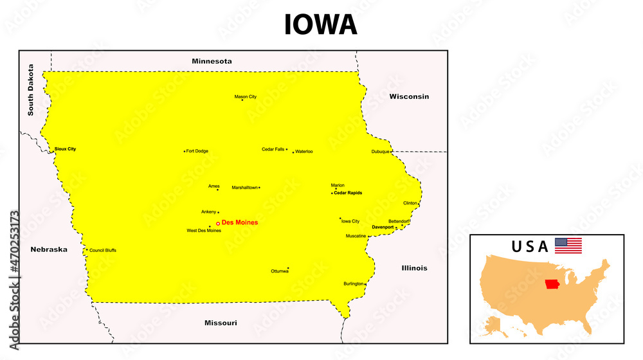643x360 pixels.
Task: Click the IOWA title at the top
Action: tap(321, 24)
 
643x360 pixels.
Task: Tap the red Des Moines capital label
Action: tap(240, 222)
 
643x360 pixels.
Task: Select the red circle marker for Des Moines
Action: tap(218, 223)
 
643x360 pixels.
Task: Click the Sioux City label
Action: tap(65, 149)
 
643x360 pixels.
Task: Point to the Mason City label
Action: tap(245, 97)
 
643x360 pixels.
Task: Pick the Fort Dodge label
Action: tap(197, 151)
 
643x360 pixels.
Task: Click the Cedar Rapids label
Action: tap(348, 193)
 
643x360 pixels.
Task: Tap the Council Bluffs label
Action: tap(103, 250)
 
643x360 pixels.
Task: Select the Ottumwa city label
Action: tap(280, 271)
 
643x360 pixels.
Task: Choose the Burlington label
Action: tap(353, 283)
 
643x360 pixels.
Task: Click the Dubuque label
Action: tap(380, 152)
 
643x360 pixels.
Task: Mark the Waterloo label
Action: tap(304, 152)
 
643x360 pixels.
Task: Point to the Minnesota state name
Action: tap(212, 61)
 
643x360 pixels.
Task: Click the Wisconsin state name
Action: tap(408, 96)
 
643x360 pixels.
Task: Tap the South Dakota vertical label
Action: tap(30, 89)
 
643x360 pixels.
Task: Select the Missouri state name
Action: tap(221, 323)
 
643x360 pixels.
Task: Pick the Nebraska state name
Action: tap(49, 249)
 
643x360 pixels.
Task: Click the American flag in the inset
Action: tap(568, 246)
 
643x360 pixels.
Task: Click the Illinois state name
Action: tap(414, 268)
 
